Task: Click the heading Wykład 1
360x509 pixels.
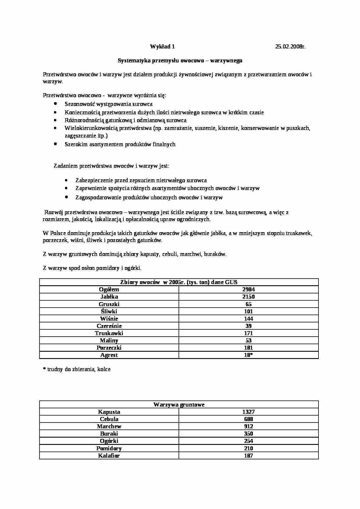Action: (162, 46)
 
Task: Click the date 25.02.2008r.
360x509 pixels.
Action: (290, 46)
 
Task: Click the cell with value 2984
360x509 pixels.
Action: (249, 289)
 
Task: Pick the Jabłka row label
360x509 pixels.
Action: (109, 297)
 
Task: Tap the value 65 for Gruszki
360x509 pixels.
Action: (249, 304)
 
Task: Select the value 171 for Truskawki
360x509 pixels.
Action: (249, 333)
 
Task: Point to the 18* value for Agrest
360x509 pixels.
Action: (249, 355)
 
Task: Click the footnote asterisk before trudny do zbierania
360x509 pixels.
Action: (44, 369)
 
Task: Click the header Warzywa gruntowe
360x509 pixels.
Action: (179, 405)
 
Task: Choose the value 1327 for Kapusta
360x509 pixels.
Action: (249, 412)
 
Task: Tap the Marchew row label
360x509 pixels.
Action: (109, 426)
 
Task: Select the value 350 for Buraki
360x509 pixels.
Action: (249, 434)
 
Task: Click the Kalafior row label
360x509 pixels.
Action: (109, 456)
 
